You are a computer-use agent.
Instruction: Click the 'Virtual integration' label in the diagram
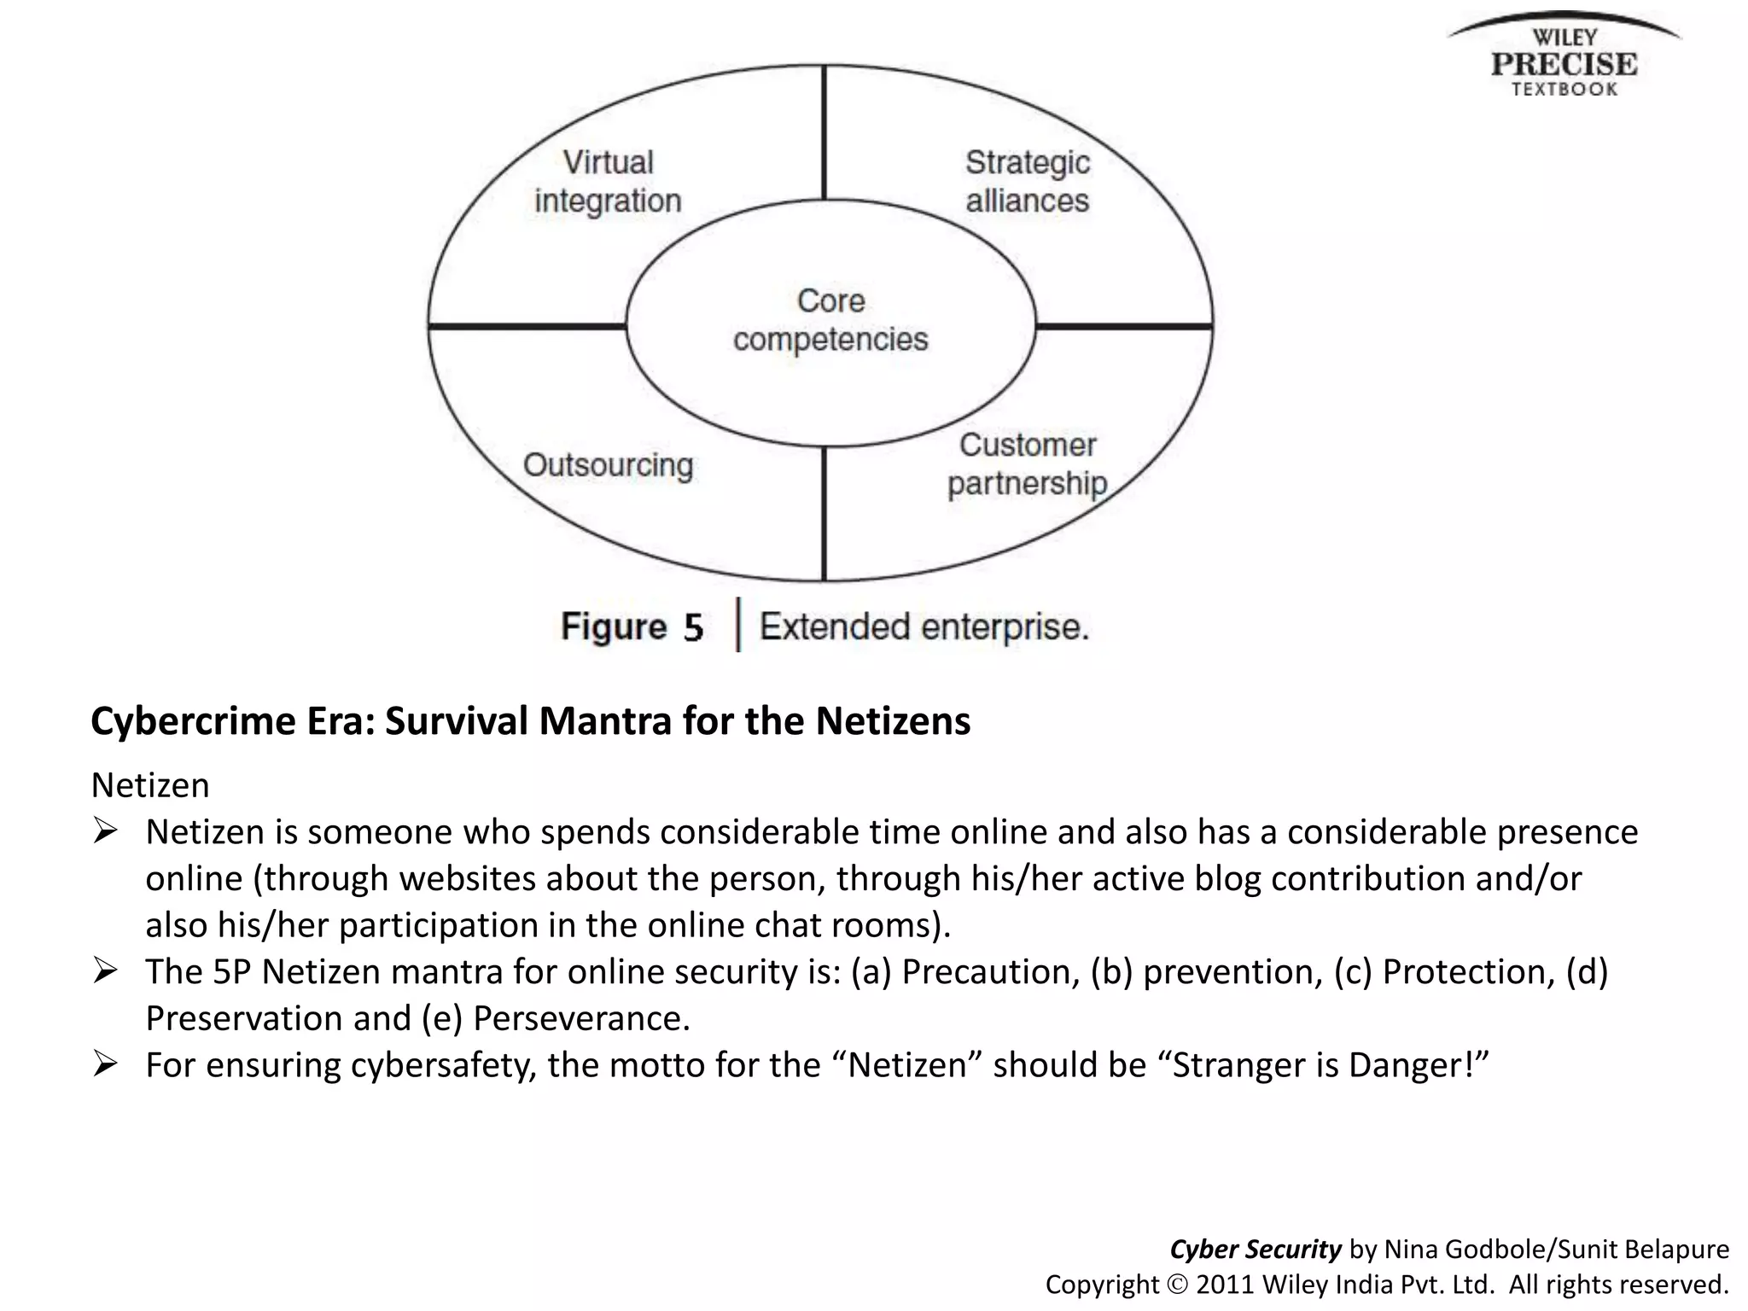point(608,182)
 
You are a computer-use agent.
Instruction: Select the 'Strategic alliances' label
point(1028,182)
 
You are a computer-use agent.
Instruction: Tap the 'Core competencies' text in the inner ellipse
point(830,320)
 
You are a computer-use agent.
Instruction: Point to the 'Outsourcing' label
point(608,466)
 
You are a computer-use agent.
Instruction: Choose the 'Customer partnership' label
point(1028,464)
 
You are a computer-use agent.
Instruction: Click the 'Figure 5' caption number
point(632,627)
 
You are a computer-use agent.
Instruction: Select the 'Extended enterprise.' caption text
point(924,627)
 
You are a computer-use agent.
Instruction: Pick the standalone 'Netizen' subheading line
point(150,785)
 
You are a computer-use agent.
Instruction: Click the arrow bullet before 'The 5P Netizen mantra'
point(105,970)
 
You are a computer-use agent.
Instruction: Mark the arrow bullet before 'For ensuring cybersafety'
point(105,1063)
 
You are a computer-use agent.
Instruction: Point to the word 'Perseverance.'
point(581,1018)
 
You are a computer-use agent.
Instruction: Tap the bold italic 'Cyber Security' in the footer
point(1255,1250)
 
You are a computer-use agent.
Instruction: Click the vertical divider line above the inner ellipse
point(824,133)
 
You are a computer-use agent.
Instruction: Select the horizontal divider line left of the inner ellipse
point(527,326)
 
